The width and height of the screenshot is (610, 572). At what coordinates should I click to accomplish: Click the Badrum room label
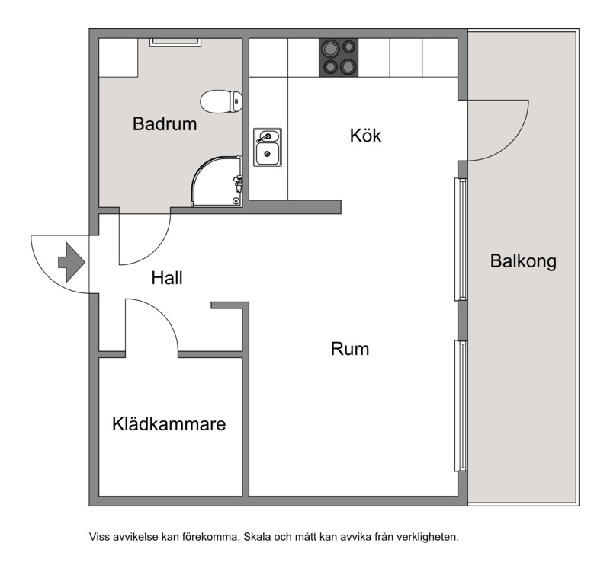click(x=165, y=124)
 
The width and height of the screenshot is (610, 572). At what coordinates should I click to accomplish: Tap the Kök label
click(x=365, y=136)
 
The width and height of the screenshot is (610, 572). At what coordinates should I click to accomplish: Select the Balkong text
click(x=523, y=261)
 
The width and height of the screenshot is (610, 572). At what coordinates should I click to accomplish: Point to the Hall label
click(x=167, y=278)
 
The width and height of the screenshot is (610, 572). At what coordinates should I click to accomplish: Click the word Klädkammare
click(x=169, y=424)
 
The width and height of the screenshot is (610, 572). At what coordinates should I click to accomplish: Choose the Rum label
click(x=350, y=349)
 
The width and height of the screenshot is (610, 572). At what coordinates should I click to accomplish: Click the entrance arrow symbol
click(x=72, y=262)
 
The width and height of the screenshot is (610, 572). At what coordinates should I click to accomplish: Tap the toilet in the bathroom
click(x=221, y=101)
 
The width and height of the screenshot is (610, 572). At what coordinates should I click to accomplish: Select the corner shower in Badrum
click(x=217, y=181)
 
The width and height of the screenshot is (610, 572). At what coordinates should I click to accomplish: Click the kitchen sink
click(x=268, y=147)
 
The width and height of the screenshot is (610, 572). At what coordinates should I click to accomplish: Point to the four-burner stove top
click(x=339, y=58)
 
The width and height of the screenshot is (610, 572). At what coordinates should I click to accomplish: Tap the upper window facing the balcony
click(x=461, y=239)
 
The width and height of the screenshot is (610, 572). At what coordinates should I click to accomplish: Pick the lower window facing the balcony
click(x=461, y=406)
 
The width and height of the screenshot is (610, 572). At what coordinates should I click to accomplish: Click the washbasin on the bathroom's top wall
click(x=175, y=42)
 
